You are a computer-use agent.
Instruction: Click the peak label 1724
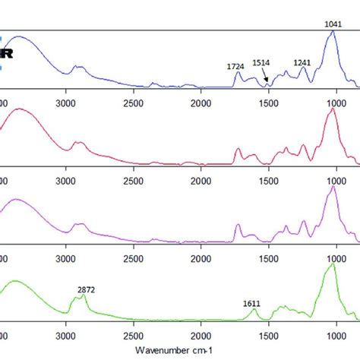pyautogui.click(x=235, y=66)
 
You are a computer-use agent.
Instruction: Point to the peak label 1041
pyautogui.click(x=333, y=24)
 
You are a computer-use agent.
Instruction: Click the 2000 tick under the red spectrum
pyautogui.click(x=201, y=181)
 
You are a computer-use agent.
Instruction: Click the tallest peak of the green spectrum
pyautogui.click(x=331, y=265)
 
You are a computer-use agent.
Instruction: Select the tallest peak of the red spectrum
pyautogui.click(x=331, y=109)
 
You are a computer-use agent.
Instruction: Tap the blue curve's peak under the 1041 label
pyautogui.click(x=331, y=32)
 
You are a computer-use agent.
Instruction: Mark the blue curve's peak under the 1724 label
pyautogui.click(x=237, y=74)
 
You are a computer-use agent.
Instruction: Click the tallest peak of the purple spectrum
pyautogui.click(x=331, y=187)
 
